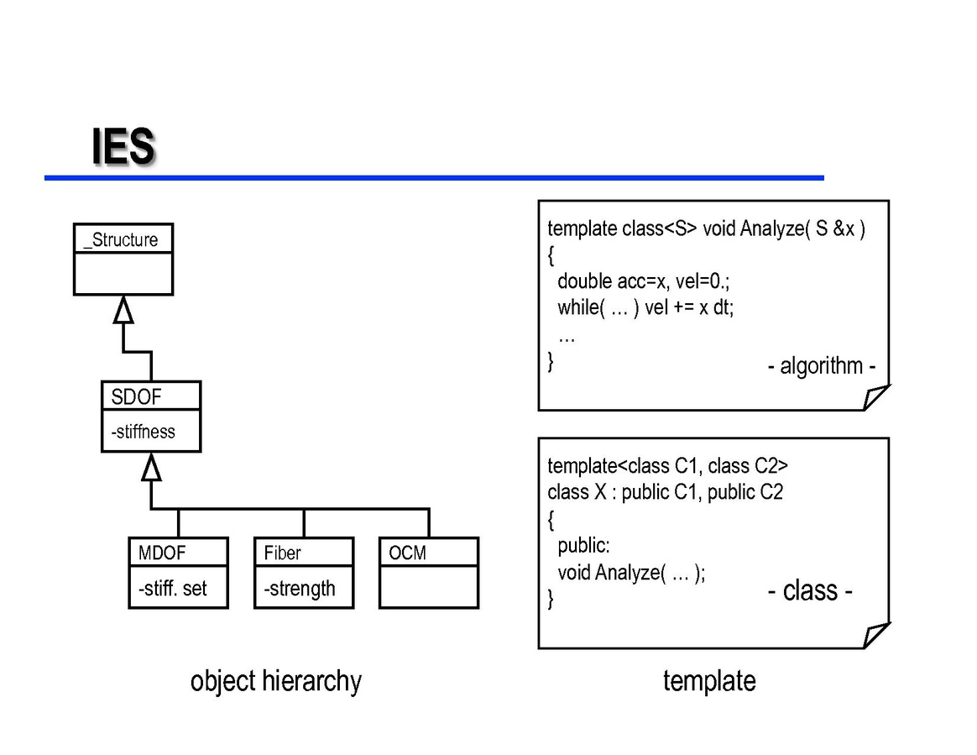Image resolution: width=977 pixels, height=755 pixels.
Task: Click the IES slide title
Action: point(123,147)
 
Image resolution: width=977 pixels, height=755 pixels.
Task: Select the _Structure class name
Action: point(121,240)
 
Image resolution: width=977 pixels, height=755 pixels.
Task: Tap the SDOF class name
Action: point(135,397)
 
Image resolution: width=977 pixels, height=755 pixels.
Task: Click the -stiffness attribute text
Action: point(143,432)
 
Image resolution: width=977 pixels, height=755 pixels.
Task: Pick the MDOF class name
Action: point(161,553)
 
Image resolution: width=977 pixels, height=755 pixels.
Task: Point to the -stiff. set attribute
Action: point(172,589)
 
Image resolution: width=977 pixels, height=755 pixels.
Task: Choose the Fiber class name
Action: point(282,553)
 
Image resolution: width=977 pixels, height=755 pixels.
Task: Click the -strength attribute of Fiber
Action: point(299,589)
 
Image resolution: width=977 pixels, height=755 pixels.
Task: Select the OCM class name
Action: point(407,553)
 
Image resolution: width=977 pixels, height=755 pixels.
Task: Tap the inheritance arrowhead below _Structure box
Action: point(123,310)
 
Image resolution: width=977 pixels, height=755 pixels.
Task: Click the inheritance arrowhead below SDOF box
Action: point(151,467)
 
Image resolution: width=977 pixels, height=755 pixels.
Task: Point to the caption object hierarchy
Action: point(275,680)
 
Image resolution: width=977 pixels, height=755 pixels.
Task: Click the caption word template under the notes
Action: point(709,680)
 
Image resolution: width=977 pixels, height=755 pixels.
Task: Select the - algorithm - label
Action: point(822,366)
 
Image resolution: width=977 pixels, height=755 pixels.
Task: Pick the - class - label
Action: point(809,591)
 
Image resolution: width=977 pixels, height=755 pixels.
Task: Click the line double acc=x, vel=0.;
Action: point(644,281)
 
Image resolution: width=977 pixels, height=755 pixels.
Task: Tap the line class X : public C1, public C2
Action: point(665,492)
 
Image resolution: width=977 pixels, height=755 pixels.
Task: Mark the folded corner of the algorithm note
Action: point(876,396)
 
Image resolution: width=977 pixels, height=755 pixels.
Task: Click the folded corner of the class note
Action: point(876,635)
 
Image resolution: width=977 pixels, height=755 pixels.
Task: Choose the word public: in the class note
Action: point(583,546)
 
